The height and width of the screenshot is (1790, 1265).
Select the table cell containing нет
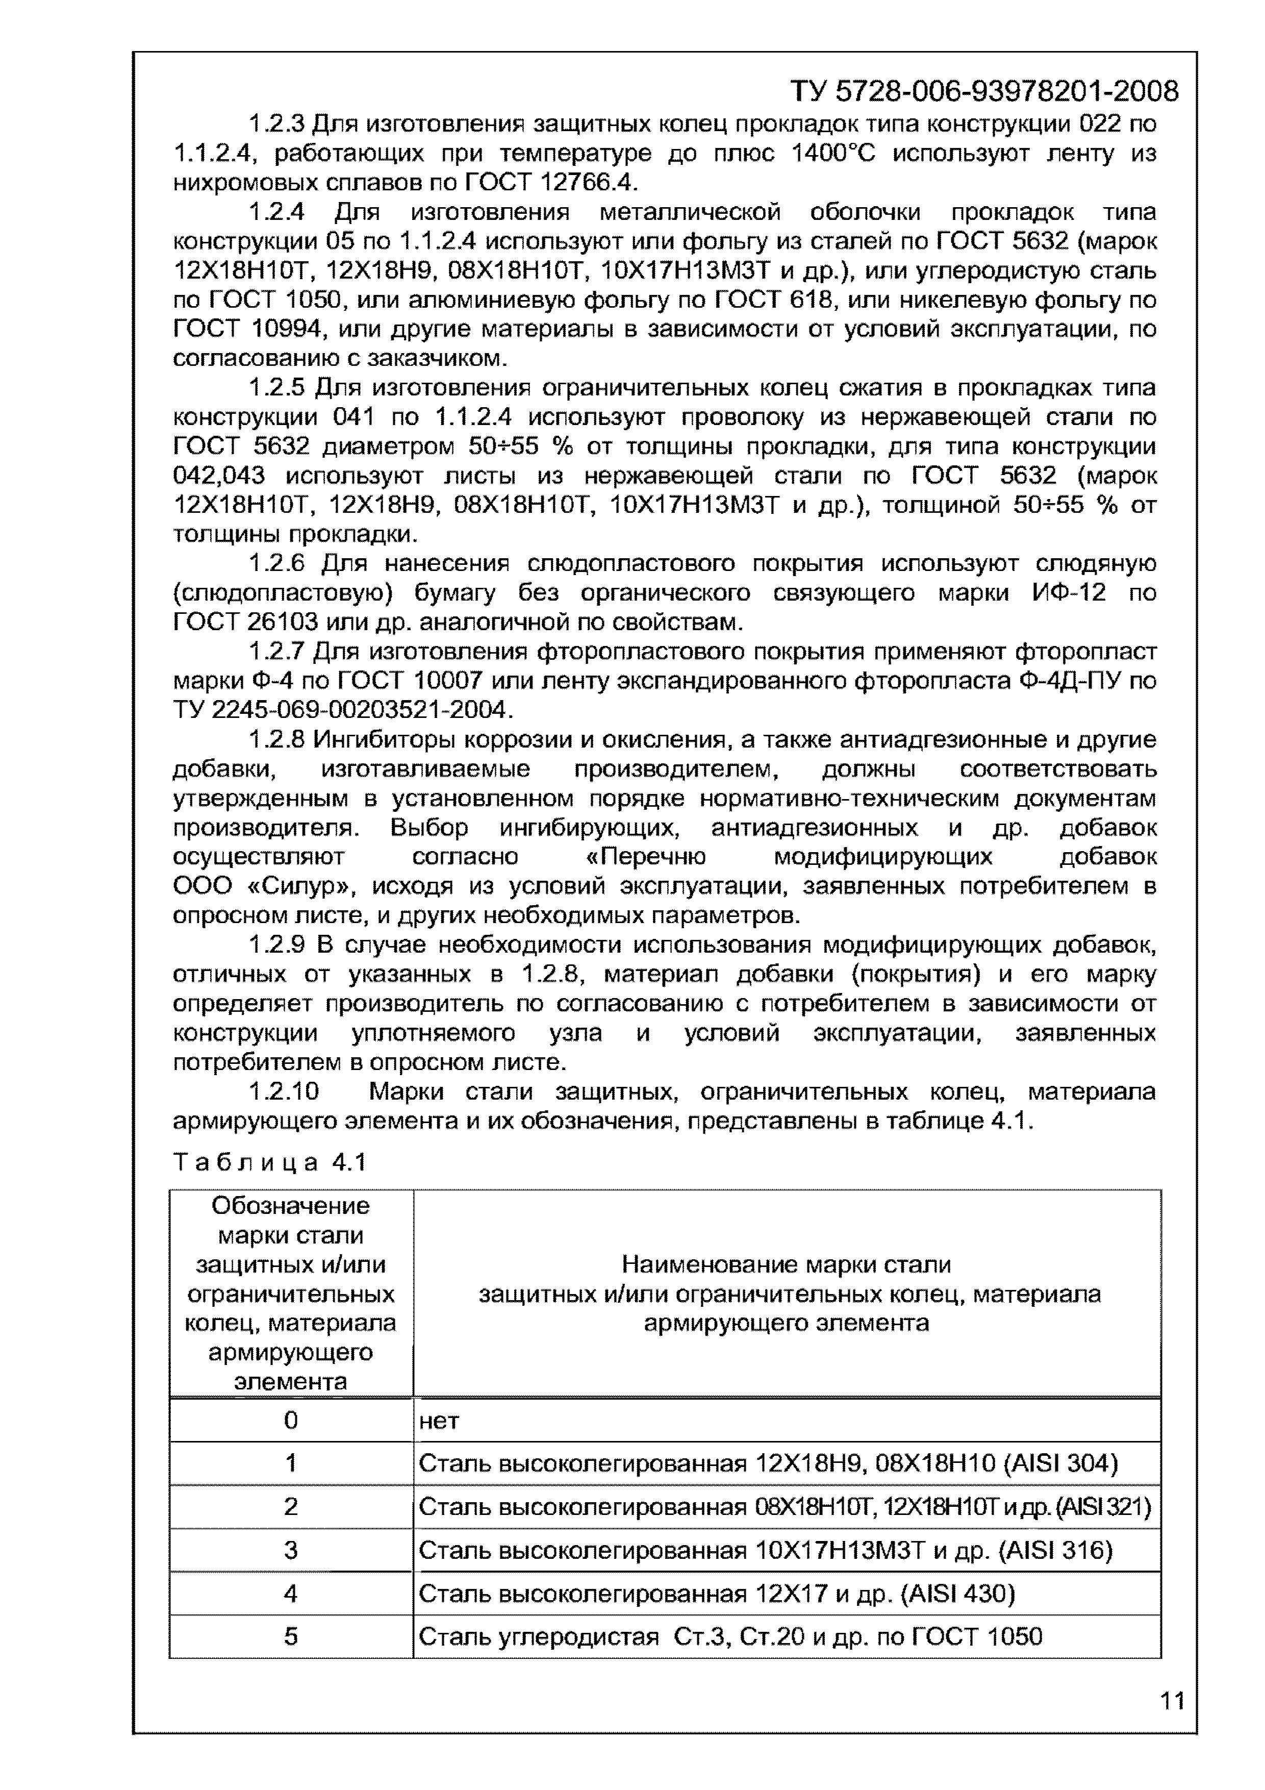pos(786,1421)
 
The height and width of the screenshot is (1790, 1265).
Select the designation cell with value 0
pos(291,1421)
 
